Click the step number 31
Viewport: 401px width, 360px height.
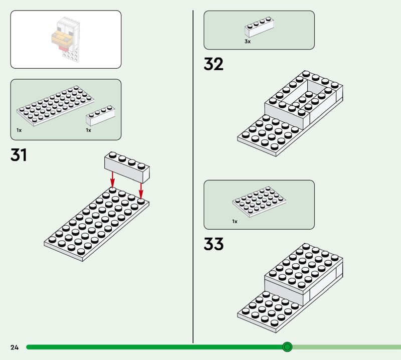point(19,155)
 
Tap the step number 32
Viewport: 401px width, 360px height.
point(214,64)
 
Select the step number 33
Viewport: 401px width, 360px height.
point(214,244)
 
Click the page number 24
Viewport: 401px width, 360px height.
point(15,347)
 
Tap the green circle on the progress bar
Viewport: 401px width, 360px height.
point(287,347)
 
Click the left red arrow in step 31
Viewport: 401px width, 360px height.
point(112,179)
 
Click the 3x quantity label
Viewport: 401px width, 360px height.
point(248,42)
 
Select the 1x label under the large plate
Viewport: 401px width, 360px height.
point(19,130)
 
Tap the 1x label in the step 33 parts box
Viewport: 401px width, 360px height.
point(235,221)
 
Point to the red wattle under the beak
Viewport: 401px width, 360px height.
point(63,48)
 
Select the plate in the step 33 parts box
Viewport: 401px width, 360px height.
point(259,202)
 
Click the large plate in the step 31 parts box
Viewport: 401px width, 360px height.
point(55,106)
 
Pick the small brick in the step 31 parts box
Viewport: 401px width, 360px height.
point(100,116)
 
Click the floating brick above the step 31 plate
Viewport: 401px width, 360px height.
point(127,167)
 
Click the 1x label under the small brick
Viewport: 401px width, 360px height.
point(89,130)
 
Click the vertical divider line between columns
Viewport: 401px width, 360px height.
point(193,176)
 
